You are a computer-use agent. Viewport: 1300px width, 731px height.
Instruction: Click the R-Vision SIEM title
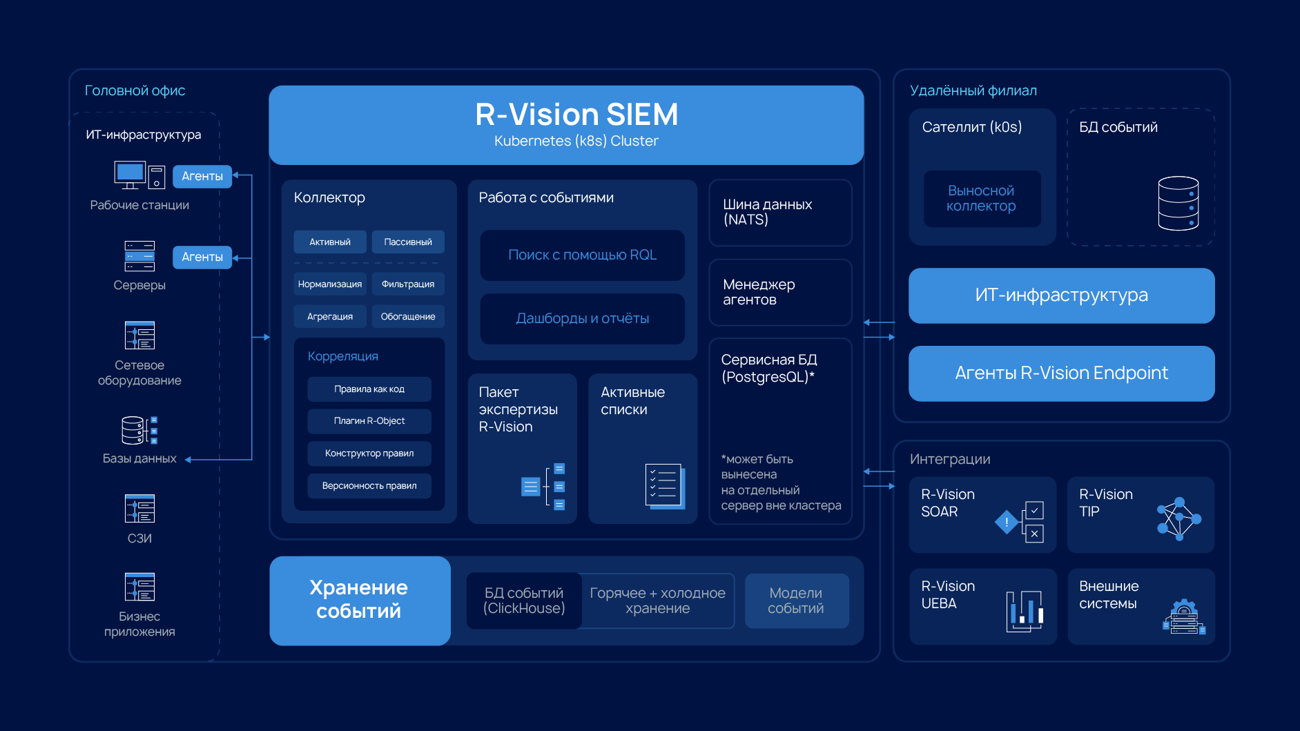click(x=576, y=115)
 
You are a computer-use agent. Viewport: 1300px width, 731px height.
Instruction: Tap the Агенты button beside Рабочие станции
click(x=202, y=176)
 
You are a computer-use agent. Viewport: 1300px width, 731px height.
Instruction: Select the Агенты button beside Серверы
click(x=202, y=257)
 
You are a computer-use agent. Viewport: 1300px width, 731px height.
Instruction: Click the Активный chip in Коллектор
click(x=329, y=242)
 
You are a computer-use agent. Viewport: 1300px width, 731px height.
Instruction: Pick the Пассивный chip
click(x=408, y=242)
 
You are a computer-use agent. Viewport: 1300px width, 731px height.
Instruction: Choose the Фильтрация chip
click(x=408, y=284)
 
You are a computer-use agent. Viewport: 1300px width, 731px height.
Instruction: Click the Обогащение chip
click(x=408, y=316)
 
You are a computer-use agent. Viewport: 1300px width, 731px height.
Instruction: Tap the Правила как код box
click(x=369, y=389)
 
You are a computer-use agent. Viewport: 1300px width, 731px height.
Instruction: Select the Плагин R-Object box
click(x=369, y=421)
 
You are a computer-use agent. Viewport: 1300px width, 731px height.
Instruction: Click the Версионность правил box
click(x=369, y=486)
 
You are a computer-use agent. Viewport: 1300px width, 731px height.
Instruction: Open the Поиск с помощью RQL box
click(x=582, y=255)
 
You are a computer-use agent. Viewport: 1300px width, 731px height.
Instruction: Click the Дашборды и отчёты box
click(x=582, y=319)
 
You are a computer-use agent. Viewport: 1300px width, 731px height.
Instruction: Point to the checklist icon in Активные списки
click(x=665, y=486)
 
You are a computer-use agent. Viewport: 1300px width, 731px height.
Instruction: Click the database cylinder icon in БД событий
click(x=1178, y=203)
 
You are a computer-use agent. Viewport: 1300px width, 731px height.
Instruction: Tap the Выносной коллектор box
click(x=982, y=199)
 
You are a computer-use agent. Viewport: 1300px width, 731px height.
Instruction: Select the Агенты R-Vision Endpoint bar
click(x=1061, y=373)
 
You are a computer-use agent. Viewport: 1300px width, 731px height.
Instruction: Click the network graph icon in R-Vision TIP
click(x=1178, y=518)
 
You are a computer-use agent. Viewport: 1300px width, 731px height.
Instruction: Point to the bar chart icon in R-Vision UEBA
click(x=1025, y=611)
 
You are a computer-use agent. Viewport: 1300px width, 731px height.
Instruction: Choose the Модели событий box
click(x=796, y=601)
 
